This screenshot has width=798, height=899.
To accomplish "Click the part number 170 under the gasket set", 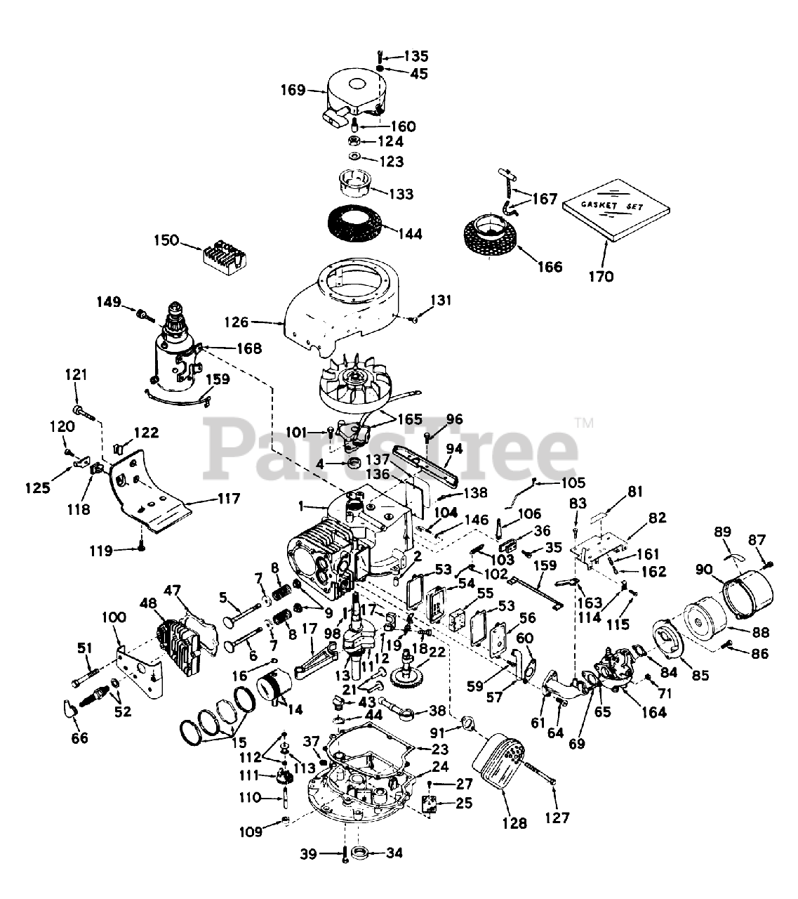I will coord(601,276).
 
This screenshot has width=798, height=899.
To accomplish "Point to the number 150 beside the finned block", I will coord(167,242).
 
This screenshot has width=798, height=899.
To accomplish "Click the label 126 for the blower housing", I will coord(237,322).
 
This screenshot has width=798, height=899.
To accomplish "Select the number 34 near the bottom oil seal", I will coord(394,854).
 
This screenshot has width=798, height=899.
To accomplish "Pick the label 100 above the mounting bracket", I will coord(114,617).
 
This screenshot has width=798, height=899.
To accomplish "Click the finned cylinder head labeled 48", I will coord(181,638).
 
